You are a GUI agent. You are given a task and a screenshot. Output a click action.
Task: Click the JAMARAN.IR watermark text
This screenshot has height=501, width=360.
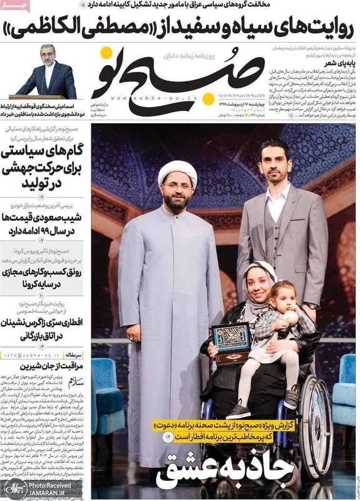pyautogui.click(x=53, y=493)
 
